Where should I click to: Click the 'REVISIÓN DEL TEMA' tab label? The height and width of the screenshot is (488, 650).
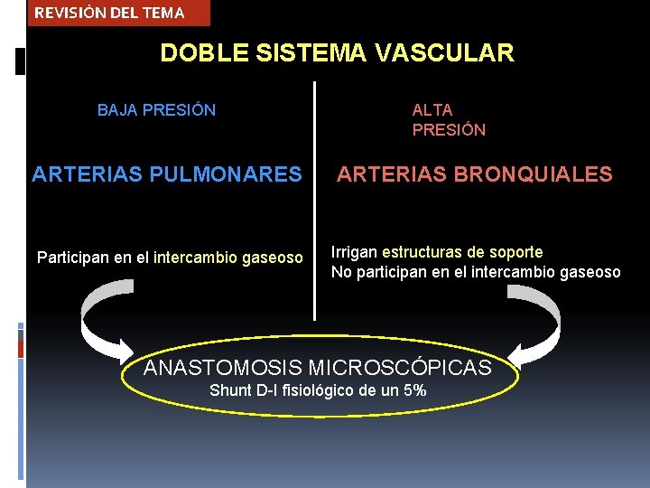[x=109, y=13]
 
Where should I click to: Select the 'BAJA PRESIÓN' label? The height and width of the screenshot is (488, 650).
[x=156, y=110]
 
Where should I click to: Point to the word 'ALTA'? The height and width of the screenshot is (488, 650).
[x=432, y=110]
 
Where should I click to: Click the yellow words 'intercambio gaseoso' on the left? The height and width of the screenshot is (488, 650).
[x=228, y=258]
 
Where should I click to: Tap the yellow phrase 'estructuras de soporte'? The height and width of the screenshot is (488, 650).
[x=462, y=252]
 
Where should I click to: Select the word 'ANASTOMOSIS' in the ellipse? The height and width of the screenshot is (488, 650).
[x=223, y=368]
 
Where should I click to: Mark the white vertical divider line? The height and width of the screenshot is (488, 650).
[x=315, y=199]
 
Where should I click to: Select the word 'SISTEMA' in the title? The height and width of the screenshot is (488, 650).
[x=311, y=53]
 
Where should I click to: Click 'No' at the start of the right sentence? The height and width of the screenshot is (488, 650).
[x=341, y=272]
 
